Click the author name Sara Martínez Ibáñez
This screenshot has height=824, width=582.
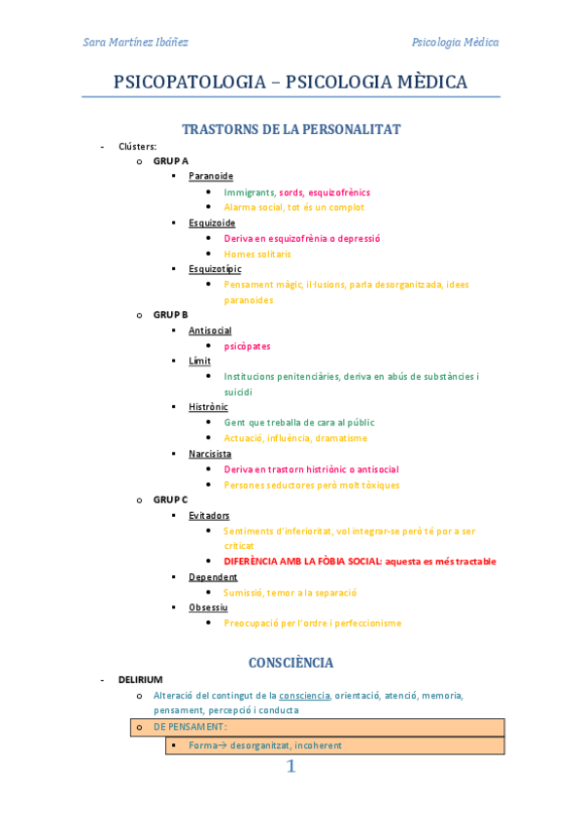135,42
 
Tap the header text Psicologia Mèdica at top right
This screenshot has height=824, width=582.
455,42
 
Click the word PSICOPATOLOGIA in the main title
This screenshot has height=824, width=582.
189,83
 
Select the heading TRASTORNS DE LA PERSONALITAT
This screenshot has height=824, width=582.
291,129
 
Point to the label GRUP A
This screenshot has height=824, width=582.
171,161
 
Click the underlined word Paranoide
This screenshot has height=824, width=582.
211,176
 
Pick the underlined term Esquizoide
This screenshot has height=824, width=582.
212,223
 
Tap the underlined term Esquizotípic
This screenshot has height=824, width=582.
215,269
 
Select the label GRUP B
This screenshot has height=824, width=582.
171,315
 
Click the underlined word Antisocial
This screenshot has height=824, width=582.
210,330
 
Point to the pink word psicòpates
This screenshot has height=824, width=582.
247,346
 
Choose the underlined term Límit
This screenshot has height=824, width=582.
199,361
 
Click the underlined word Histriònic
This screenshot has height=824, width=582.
208,407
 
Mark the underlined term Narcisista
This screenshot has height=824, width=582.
210,454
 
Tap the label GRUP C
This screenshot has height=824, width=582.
171,499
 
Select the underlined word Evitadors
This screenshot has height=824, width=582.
209,515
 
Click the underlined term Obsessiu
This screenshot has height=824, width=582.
208,607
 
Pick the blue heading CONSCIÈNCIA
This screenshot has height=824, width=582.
291,663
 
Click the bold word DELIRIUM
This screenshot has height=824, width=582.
141,679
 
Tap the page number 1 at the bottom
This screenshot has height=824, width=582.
291,767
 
